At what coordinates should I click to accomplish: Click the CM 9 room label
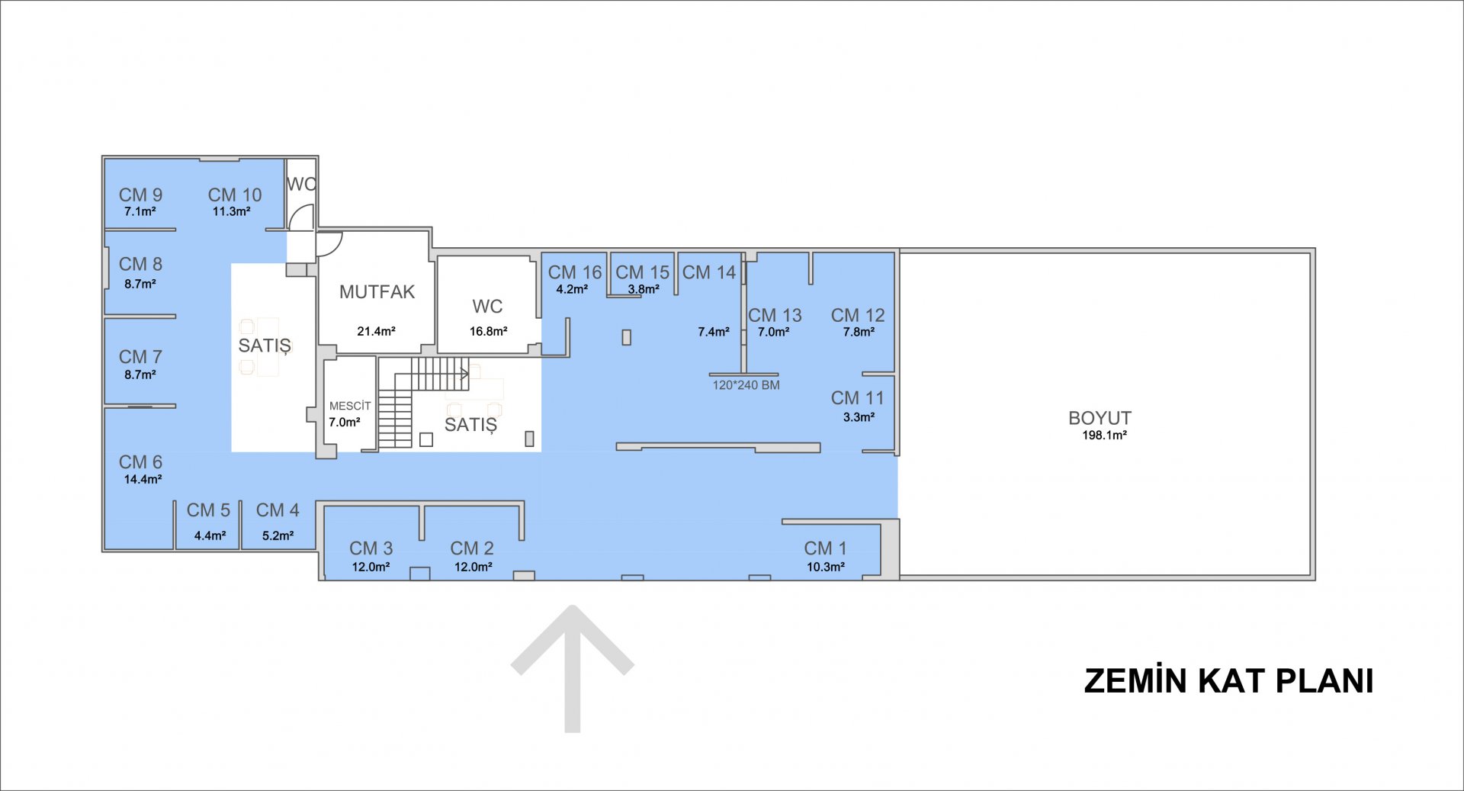(140, 195)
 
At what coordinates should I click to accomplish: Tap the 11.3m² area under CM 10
(231, 211)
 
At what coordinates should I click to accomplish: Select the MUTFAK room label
(377, 291)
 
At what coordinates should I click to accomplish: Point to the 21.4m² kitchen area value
(376, 331)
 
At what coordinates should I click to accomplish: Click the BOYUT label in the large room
(1100, 418)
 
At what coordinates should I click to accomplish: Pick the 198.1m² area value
(1104, 435)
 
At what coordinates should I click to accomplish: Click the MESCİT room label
(350, 406)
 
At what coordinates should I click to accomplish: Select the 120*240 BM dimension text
(746, 385)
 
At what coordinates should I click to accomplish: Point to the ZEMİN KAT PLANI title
(1228, 680)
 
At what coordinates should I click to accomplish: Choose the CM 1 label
(825, 548)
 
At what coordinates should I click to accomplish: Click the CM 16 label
(575, 272)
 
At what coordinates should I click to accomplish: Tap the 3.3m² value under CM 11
(859, 416)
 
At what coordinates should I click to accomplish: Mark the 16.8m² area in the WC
(488, 331)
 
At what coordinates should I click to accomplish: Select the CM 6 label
(140, 462)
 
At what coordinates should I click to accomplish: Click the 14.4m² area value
(143, 479)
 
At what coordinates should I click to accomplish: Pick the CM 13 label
(775, 315)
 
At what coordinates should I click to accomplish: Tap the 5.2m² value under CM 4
(278, 535)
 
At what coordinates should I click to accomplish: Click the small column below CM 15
(626, 337)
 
